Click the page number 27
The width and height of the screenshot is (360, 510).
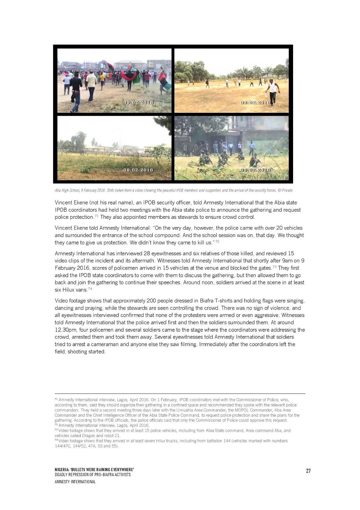(308, 471)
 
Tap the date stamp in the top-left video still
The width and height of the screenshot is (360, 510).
(138, 103)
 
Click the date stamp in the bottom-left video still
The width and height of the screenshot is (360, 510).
(138, 170)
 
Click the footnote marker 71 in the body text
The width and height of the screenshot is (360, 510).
(96, 216)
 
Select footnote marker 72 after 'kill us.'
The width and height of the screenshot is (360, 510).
(217, 241)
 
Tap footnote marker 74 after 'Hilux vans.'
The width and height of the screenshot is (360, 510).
(90, 288)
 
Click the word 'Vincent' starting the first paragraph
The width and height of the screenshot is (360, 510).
(63, 203)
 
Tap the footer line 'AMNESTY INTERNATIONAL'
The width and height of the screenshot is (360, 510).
(75, 482)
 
